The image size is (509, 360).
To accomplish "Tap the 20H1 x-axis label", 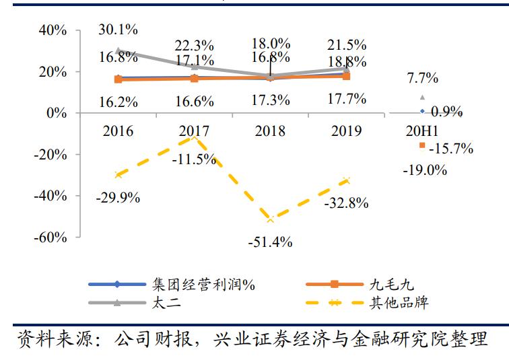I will [423, 131].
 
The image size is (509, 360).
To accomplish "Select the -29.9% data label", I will [118, 198].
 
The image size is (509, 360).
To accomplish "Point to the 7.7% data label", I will [423, 78].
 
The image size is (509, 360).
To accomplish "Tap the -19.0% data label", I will [425, 170].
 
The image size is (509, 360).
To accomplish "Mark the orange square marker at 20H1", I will [422, 145].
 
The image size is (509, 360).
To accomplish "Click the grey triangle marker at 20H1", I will [423, 97].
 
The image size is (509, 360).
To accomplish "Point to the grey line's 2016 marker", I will [118, 50].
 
